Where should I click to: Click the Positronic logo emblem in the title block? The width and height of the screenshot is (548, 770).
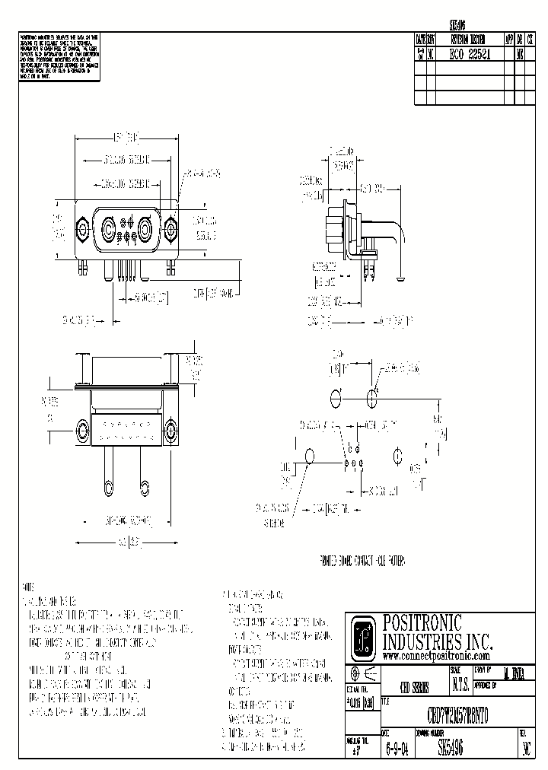[x=365, y=636]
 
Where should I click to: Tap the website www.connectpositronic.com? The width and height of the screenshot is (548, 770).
[x=435, y=655]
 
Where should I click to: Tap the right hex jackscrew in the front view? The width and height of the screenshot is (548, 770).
[x=169, y=227]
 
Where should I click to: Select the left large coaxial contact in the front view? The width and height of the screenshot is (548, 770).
[x=109, y=226]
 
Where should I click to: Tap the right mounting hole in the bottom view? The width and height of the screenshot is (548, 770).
[x=170, y=430]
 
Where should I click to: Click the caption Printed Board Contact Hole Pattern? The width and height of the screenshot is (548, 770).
[x=361, y=563]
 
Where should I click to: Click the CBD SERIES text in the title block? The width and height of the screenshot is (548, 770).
[x=414, y=685]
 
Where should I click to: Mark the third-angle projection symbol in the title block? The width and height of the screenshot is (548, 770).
[x=362, y=675]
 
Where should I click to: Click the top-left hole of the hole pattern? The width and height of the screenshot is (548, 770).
[x=336, y=398]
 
